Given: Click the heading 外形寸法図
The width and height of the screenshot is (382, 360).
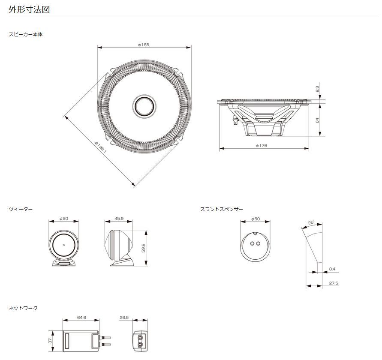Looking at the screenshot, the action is click(29, 9).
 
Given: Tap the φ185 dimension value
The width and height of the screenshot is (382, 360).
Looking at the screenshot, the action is click(144, 45).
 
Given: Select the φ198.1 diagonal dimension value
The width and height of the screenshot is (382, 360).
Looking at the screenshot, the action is click(101, 147).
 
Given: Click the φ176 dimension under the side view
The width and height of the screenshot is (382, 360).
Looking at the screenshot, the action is click(262, 146).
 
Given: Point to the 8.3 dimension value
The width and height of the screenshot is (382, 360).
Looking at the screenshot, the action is click(317, 89).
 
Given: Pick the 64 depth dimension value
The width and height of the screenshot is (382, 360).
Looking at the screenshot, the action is click(317, 120).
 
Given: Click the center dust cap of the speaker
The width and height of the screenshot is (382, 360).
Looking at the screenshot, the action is click(144, 106).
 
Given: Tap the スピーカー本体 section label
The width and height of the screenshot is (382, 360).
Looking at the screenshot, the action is click(26, 34).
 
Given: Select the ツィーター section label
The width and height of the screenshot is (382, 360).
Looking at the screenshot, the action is click(21, 209).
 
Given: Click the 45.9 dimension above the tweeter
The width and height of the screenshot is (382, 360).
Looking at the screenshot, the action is click(119, 219).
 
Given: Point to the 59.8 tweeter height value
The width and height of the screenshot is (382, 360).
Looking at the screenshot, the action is click(144, 248).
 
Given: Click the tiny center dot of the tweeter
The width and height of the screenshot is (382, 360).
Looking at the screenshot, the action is click(64, 245).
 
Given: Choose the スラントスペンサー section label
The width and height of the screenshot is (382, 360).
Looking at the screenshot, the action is click(222, 209).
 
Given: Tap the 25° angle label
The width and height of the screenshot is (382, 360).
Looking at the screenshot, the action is click(311, 222).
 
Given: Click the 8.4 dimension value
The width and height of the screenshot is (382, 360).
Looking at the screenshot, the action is click(332, 269).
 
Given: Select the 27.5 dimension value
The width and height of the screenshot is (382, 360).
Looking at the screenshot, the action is click(334, 283).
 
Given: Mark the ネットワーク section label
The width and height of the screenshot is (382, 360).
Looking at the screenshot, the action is click(23, 308).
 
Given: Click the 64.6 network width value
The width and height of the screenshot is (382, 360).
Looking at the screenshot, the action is click(81, 318).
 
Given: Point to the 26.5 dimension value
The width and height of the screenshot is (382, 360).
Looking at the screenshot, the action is click(124, 318).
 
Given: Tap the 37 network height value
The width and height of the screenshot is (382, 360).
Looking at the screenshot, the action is click(50, 341).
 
